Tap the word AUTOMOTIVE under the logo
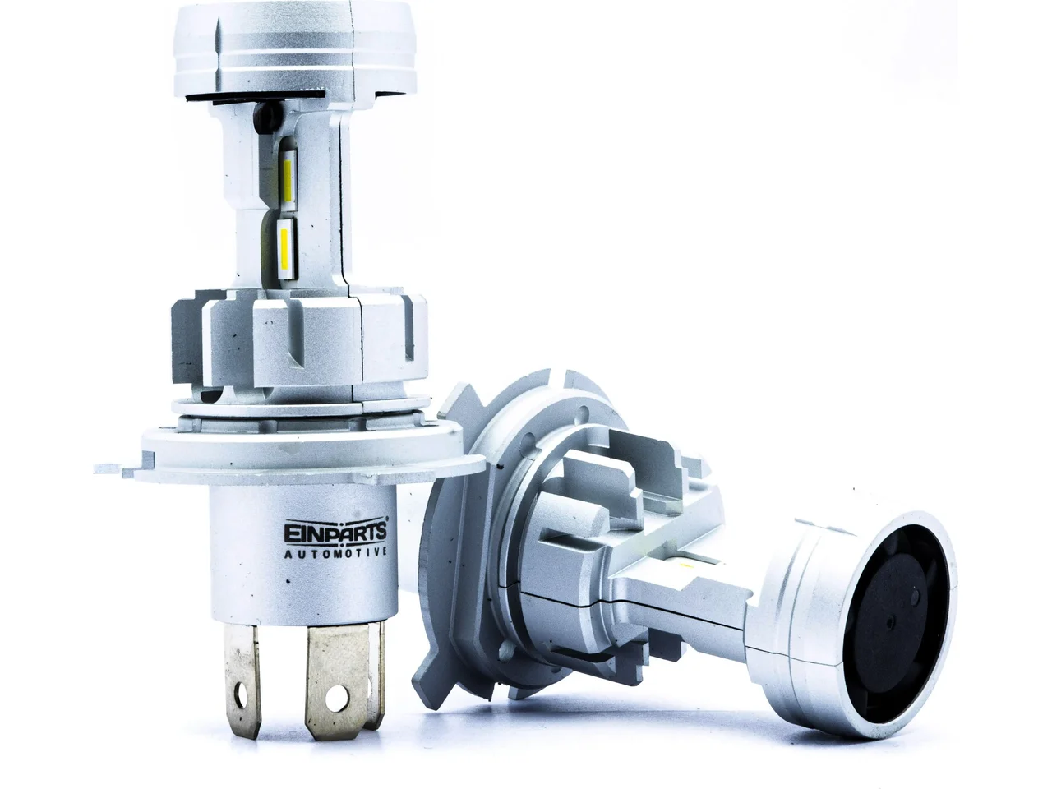coord(335,553)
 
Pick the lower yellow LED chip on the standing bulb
coord(285,244)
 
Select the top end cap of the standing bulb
coord(294,48)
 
